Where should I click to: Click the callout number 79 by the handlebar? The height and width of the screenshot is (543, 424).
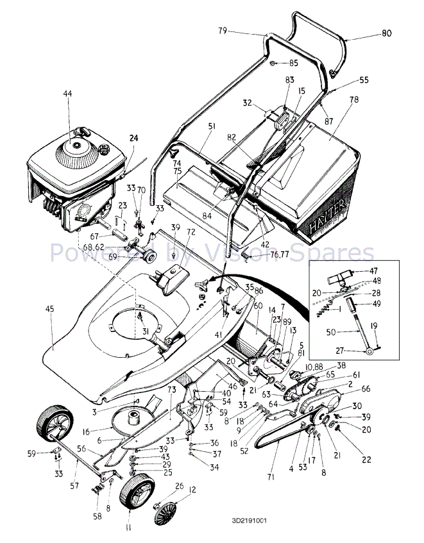(223, 29)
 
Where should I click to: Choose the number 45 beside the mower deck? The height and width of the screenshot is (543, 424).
(50, 309)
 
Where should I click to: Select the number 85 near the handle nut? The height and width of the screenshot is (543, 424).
(294, 63)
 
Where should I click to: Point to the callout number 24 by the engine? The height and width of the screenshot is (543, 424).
(134, 138)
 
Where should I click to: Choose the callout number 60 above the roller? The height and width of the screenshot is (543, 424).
(258, 306)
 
